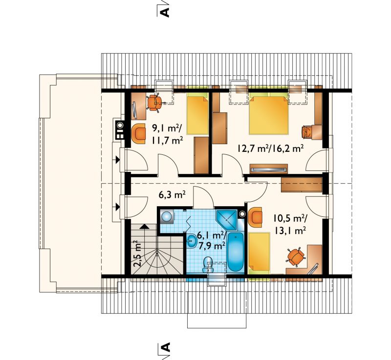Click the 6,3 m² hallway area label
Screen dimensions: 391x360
(x=172, y=194)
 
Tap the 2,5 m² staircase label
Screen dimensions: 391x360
(x=137, y=254)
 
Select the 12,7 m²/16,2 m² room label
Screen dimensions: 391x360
(x=270, y=149)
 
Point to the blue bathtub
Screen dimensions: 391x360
(x=236, y=252)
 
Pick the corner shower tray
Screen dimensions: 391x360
(x=227, y=220)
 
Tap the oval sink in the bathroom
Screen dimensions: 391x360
(x=193, y=241)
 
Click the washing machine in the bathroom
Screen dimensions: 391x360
(x=167, y=216)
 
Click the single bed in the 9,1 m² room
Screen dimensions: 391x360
(x=198, y=113)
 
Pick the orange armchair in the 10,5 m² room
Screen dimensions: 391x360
(x=255, y=217)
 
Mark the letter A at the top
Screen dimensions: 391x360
(x=165, y=12)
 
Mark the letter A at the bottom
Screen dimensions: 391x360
(x=165, y=347)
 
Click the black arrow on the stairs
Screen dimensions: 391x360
(x=144, y=226)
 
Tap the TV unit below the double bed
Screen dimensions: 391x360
(x=268, y=169)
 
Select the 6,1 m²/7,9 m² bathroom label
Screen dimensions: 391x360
(x=212, y=240)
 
